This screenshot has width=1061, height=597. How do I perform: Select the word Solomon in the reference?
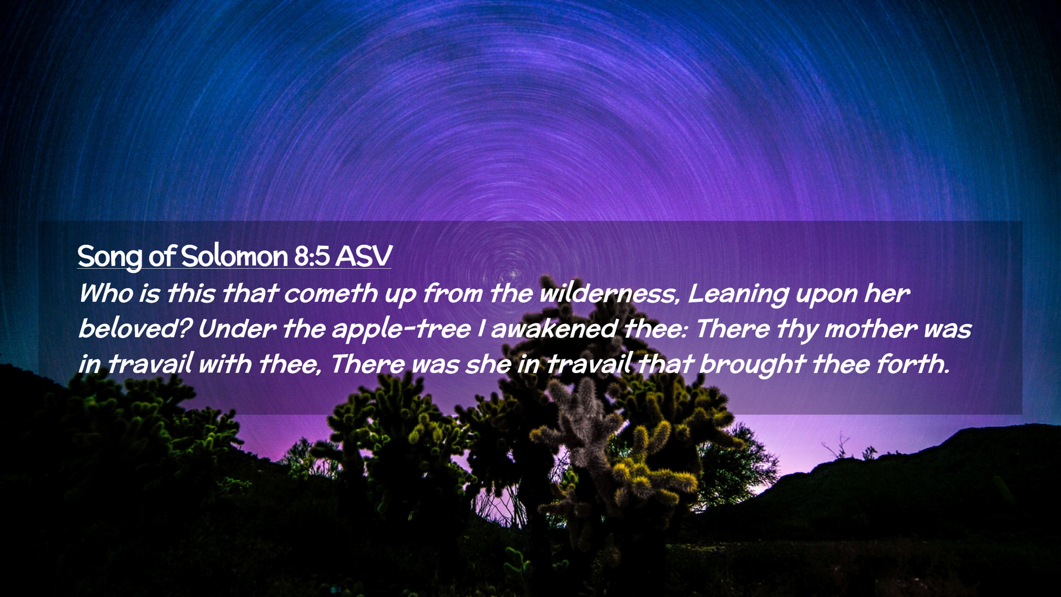(234, 256)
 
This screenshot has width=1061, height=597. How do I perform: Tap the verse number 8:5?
(312, 256)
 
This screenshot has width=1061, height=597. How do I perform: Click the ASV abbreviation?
(364, 256)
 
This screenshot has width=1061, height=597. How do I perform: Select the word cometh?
(330, 293)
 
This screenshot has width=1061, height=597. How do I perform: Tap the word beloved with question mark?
(135, 328)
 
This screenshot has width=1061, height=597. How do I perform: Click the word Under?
(237, 328)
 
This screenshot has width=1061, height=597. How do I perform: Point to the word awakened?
(554, 328)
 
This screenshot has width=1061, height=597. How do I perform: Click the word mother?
(870, 328)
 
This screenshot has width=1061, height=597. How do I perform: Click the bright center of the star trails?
(512, 274)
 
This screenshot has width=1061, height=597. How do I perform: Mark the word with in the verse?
(224, 364)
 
